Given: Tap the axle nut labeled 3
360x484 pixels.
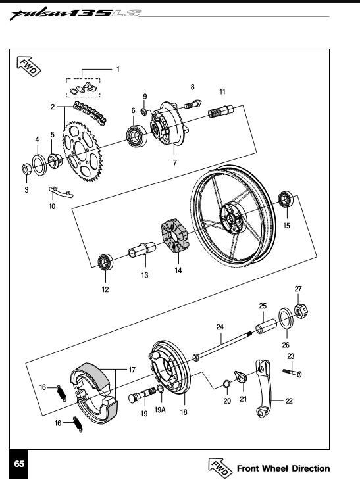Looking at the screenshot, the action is [26, 168].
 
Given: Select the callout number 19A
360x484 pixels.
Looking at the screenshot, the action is [160, 410].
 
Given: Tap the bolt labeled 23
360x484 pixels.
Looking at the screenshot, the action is [292, 373].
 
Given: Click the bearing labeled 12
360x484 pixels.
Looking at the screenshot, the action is [105, 262].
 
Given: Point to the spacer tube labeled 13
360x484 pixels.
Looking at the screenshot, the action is [142, 250].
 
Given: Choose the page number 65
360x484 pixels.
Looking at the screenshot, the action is [19, 464].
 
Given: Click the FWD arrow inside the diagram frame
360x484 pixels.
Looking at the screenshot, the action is [28, 66].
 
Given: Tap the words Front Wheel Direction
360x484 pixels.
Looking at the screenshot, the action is [283, 468].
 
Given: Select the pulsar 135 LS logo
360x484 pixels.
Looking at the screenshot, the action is [76, 13].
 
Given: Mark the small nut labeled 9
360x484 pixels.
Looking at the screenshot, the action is [143, 111].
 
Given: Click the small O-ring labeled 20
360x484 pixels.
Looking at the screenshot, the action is [226, 385].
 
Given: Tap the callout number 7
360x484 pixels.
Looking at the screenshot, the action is [175, 162].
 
